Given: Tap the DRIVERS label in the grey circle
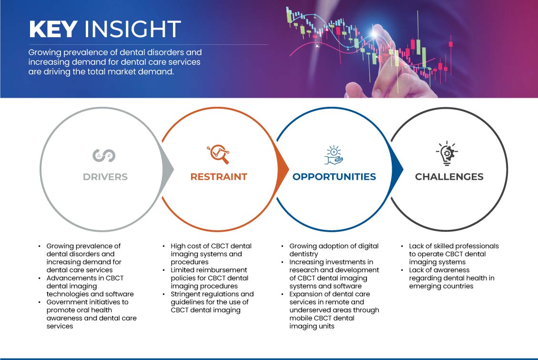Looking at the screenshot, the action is point(105,177).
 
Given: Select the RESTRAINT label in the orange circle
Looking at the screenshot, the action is point(219,177).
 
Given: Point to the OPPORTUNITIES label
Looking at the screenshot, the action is point(334,177).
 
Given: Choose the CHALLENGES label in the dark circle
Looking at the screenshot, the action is point(449,177).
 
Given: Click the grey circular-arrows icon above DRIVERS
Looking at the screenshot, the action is point(104,155).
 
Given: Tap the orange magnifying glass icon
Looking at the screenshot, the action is point(218,154).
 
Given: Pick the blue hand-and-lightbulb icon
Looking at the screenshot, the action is point(334,155).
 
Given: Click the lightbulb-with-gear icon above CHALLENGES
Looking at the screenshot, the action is point(447,153).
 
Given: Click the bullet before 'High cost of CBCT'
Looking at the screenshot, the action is point(163,247).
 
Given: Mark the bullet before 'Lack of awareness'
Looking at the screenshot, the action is point(402,270).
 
